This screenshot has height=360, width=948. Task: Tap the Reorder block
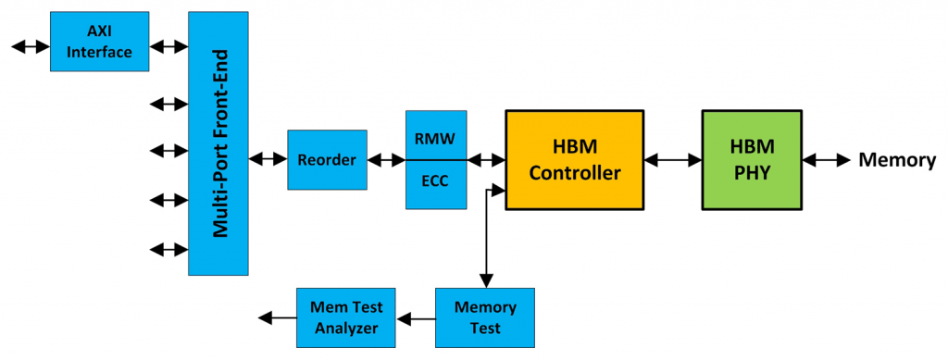coord(327,160)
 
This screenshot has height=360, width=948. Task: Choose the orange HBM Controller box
coord(574,160)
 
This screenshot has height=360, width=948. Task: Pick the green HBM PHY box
coord(752,160)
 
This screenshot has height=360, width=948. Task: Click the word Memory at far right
coord(897,160)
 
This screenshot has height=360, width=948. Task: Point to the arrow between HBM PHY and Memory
coord(826,160)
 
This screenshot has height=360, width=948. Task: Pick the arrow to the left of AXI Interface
coord(31,43)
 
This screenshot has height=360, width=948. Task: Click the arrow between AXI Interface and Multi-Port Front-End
coord(168,43)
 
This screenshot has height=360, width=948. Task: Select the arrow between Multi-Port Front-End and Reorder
coord(268,160)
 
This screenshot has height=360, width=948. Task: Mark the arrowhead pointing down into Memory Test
coord(485,281)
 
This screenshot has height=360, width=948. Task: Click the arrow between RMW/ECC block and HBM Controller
coord(486,160)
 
